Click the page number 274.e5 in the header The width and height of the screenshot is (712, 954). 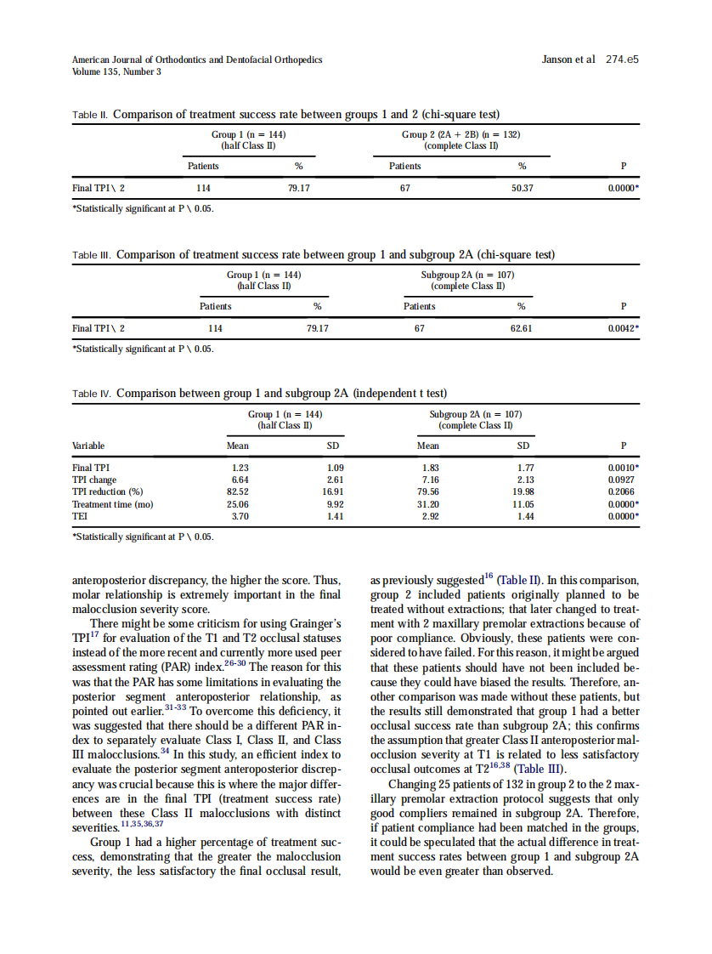622,60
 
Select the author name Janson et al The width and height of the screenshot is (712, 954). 568,60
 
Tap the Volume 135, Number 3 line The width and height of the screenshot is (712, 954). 116,71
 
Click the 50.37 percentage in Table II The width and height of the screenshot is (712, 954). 522,189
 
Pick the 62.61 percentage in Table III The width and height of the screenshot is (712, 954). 522,328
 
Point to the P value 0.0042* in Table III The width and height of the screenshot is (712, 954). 624,328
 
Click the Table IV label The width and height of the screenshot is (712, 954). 92,394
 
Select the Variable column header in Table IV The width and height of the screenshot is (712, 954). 88,446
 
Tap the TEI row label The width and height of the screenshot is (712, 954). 80,515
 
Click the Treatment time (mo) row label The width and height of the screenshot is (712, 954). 112,503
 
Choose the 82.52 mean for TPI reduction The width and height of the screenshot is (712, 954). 237,491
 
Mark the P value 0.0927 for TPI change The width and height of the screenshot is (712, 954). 623,480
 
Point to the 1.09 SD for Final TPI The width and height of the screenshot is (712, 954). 335,468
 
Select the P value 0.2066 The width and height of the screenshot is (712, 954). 623,491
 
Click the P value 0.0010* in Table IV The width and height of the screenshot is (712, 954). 624,468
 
